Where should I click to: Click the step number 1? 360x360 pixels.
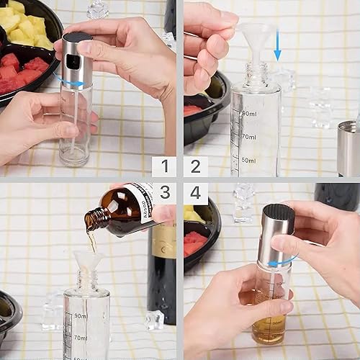coord(164,167)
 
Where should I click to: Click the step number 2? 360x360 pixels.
coord(195,167)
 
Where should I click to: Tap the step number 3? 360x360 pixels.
coord(164,193)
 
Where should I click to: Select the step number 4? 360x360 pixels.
coord(195,193)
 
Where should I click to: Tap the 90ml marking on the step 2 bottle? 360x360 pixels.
coord(249,114)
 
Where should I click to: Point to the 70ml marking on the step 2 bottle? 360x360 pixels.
coord(249,135)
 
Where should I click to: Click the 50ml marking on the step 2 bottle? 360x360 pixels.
coord(249,160)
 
